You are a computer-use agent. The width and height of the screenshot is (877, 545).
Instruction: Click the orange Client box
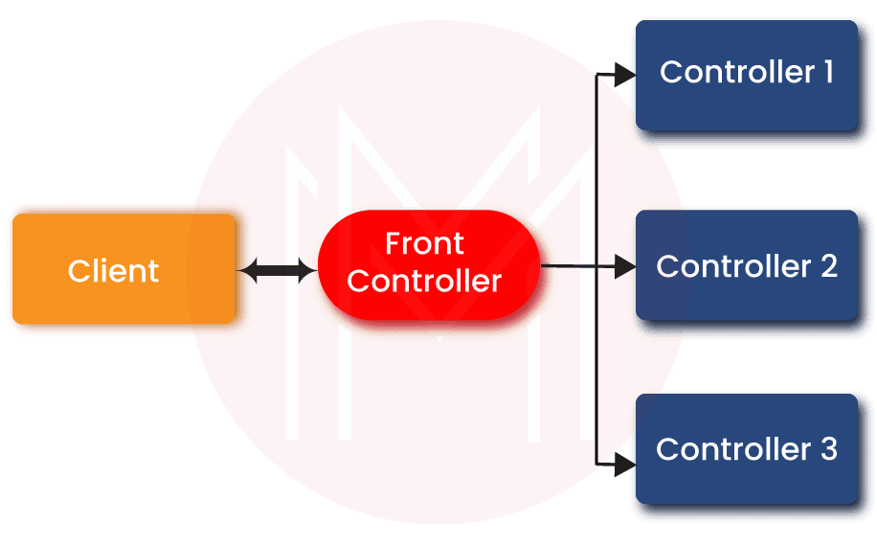[123, 269]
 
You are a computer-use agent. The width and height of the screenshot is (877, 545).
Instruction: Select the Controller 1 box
[745, 74]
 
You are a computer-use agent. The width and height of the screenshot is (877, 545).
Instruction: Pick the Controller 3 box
[745, 450]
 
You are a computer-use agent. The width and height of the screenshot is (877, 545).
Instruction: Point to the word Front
[424, 244]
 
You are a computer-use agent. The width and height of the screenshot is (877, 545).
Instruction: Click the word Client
[113, 271]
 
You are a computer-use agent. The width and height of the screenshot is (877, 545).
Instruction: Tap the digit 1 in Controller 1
[827, 72]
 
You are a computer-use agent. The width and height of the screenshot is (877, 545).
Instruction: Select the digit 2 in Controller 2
[828, 265]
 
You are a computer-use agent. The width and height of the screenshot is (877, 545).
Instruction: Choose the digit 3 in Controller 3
[828, 448]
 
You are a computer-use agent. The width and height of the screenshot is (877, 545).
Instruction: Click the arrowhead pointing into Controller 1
[623, 75]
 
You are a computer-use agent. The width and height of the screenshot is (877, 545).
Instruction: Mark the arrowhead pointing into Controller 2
[624, 266]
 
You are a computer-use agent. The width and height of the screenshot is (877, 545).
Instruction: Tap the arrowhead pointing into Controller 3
[623, 465]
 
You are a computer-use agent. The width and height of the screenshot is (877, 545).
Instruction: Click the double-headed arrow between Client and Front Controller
[277, 271]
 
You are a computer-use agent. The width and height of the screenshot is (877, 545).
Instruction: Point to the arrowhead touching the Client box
[246, 271]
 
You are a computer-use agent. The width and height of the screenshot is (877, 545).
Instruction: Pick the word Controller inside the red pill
[424, 281]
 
